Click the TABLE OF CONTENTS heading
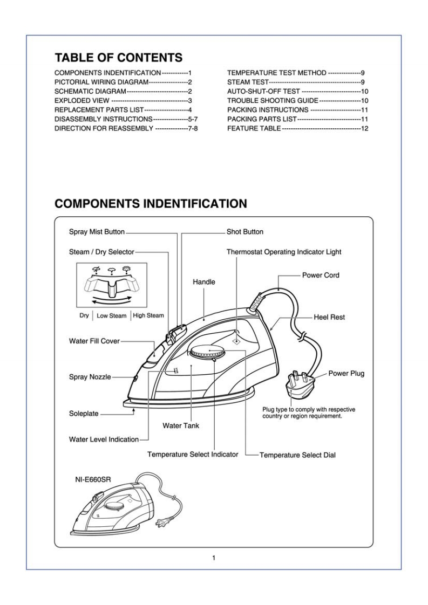tap(118, 57)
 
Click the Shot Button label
tap(245, 232)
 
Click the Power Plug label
tap(347, 374)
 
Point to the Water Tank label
tap(181, 425)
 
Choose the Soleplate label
tap(84, 414)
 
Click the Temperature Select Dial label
tap(297, 455)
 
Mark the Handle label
tap(204, 281)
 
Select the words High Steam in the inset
tap(148, 315)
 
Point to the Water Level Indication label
tap(104, 439)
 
